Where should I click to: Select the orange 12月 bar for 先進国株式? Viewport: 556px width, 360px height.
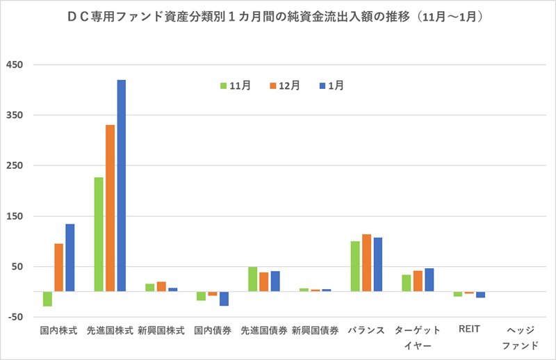110,208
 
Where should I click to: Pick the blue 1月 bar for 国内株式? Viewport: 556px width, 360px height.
70,257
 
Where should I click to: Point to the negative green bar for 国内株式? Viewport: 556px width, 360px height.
47,298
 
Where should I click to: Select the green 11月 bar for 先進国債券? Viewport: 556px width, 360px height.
253,279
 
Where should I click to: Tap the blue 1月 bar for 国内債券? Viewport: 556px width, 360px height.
224,298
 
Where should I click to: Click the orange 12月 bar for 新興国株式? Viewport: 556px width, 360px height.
161,286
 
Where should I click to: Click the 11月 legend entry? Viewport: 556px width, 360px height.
235,85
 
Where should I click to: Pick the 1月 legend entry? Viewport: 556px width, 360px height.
331,85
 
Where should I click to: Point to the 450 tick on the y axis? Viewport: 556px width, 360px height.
15,65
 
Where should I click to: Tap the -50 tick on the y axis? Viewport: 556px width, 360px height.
15,317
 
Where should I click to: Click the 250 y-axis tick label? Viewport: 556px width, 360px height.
15,165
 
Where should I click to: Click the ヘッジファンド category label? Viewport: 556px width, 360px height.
521,338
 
